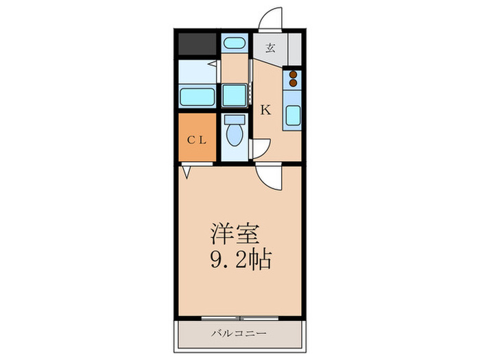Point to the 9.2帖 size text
[x=240, y=260]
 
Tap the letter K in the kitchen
[x=264, y=108]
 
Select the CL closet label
[x=197, y=139]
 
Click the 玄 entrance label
[x=270, y=48]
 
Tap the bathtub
[x=197, y=95]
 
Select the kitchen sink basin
[x=293, y=115]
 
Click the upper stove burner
[x=293, y=75]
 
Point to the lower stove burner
[x=293, y=84]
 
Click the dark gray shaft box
[x=197, y=44]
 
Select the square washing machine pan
[x=235, y=95]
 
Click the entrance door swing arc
[x=274, y=19]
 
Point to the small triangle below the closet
[x=186, y=167]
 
